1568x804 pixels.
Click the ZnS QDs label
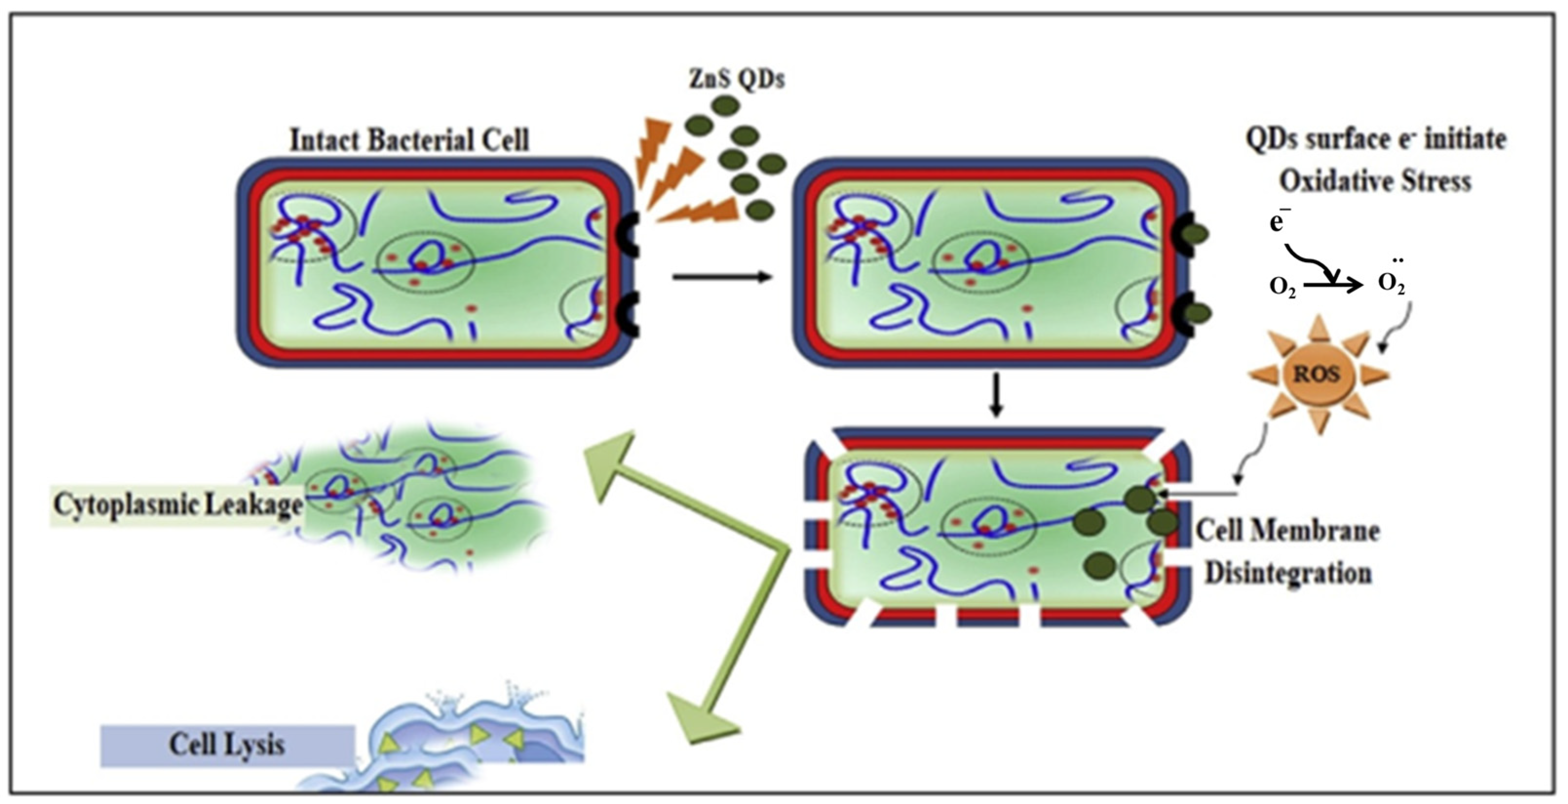[x=736, y=79]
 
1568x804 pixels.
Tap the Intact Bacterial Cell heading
[x=409, y=140]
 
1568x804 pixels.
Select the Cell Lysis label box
[x=227, y=745]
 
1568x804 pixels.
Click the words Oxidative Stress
[x=1375, y=181]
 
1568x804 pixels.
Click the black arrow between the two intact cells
[x=722, y=277]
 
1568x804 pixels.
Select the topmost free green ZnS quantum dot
[x=724, y=106]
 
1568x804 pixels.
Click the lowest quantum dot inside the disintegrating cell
[x=1099, y=565]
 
